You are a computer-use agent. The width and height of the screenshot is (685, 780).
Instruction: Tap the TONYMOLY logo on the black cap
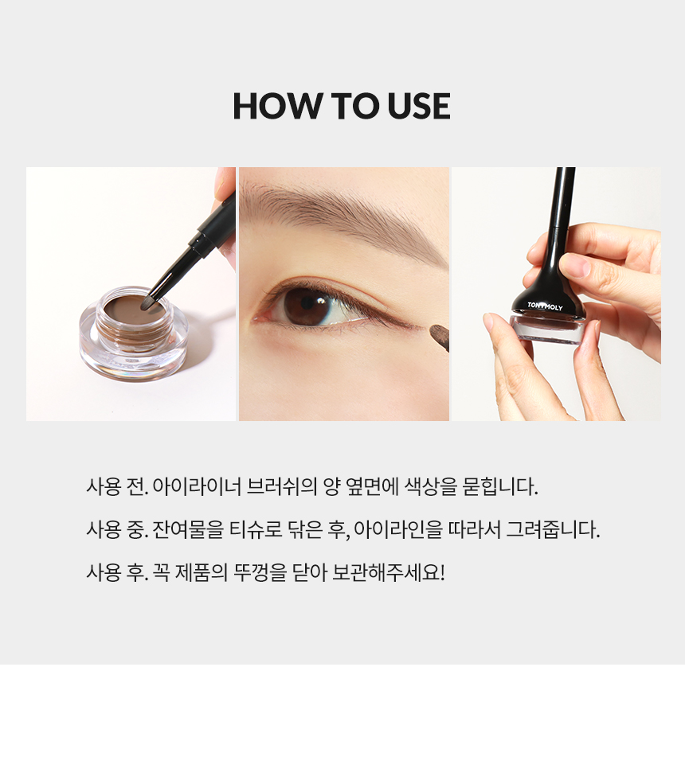(545, 306)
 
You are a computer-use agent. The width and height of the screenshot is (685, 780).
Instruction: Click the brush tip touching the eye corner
(440, 333)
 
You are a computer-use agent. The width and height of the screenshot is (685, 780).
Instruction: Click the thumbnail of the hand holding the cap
(557, 294)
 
